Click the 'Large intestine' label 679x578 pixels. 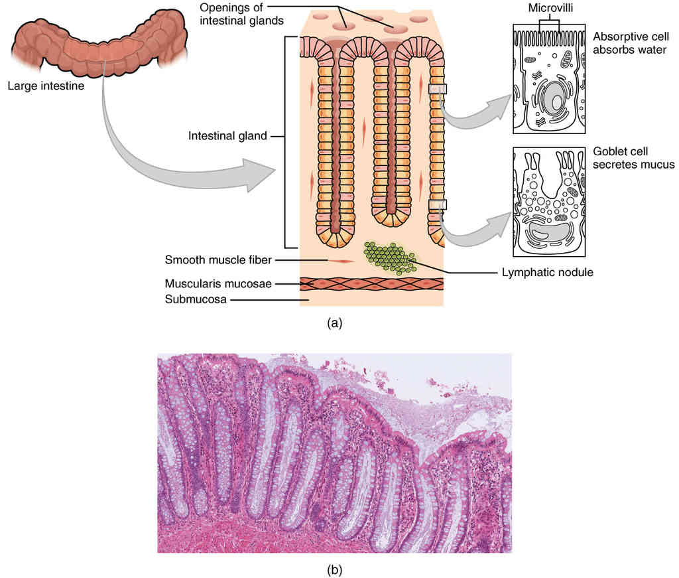coord(46,85)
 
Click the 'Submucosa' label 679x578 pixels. coord(196,299)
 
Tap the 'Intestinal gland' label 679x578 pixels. coord(227,136)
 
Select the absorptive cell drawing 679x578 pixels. coord(549,80)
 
